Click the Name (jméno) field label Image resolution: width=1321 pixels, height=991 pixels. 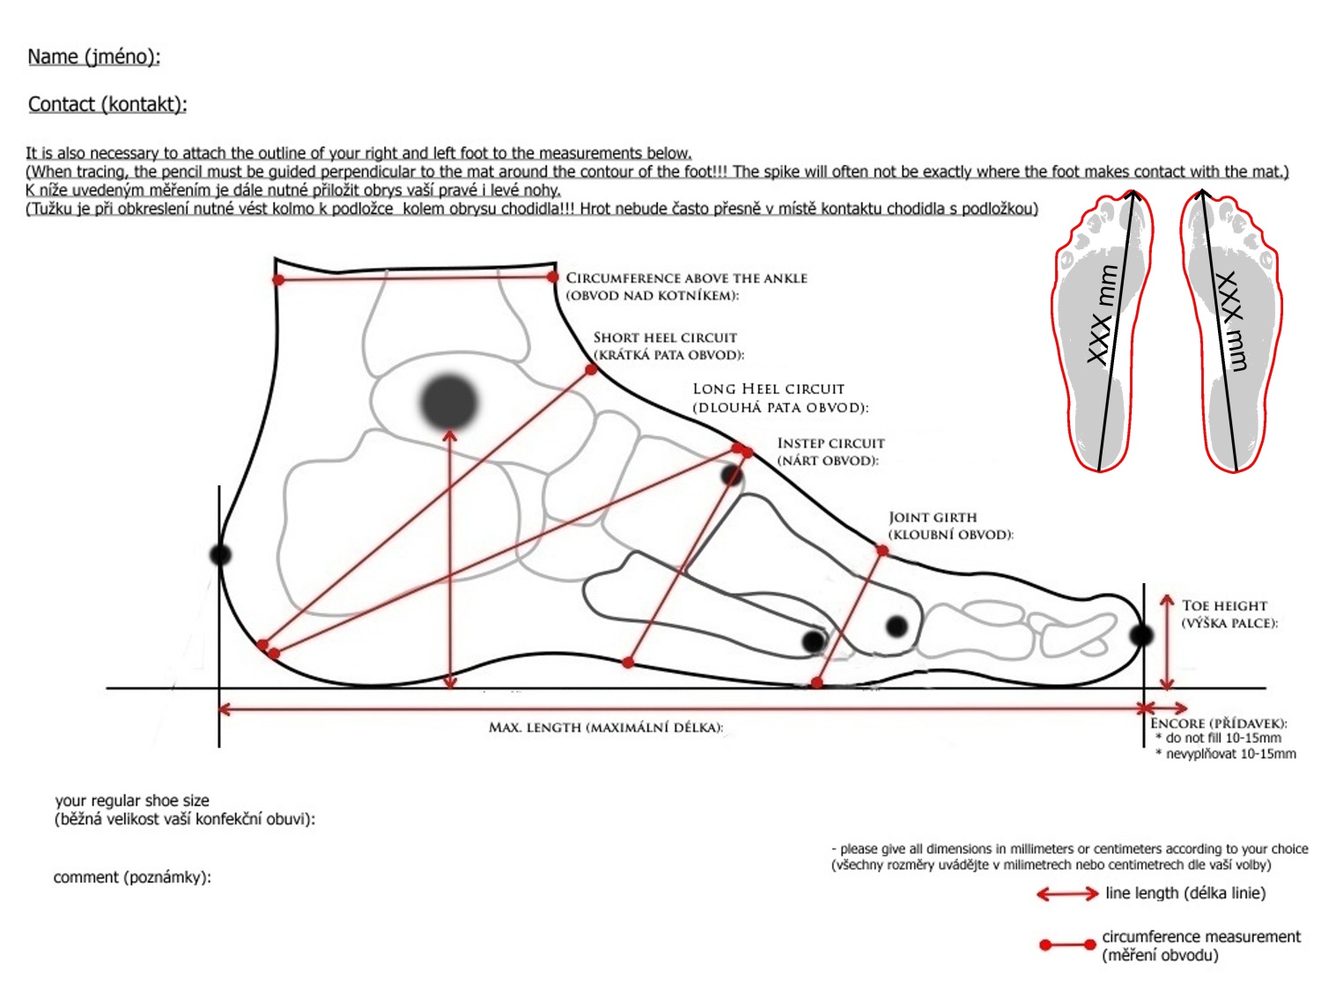[94, 56]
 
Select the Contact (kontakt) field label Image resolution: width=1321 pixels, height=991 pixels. [107, 104]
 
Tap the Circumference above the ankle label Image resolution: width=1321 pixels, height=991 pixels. [686, 286]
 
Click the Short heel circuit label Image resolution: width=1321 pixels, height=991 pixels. [668, 346]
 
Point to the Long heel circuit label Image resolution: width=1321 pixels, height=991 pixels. [780, 398]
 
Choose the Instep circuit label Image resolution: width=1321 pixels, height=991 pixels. [830, 452]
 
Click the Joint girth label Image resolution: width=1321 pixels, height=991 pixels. [950, 526]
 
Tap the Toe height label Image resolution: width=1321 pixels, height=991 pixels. [1229, 614]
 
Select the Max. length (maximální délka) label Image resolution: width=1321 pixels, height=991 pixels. [605, 728]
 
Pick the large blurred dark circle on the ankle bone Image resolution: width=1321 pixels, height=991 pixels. [449, 402]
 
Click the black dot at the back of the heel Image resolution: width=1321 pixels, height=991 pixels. [220, 554]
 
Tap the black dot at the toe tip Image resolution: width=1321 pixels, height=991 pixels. [1140, 635]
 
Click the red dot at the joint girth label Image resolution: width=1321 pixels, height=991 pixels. [882, 551]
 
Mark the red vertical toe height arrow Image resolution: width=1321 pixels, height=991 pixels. [1166, 642]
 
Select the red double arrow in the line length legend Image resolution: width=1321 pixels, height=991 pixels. [1067, 894]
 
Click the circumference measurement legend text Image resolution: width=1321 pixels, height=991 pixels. [1200, 945]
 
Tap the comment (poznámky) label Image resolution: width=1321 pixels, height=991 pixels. [132, 877]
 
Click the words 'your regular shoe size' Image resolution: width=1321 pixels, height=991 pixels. [132, 800]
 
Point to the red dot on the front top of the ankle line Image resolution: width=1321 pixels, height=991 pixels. [552, 277]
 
